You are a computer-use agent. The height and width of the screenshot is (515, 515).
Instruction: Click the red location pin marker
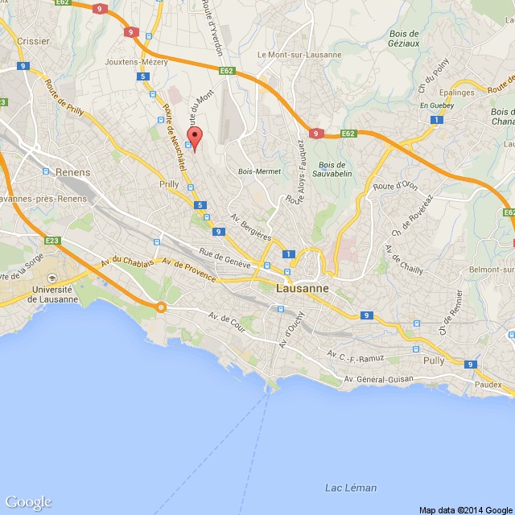[193, 136]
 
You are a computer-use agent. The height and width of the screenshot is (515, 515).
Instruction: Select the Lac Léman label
[350, 488]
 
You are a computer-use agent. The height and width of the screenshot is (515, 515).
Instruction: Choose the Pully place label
[434, 361]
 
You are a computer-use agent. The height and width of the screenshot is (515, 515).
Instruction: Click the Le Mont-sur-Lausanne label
[299, 55]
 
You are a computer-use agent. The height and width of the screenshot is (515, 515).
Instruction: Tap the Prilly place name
[169, 184]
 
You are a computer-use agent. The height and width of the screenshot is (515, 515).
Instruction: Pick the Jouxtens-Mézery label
[135, 61]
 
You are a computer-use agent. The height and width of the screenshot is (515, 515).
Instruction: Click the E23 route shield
[53, 241]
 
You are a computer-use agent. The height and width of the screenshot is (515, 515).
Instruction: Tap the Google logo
[28, 502]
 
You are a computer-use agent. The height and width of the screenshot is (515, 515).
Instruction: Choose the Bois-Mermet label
[257, 171]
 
